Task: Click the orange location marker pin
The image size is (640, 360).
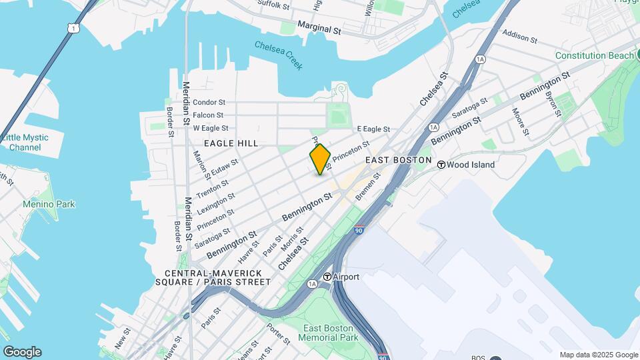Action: point(320,159)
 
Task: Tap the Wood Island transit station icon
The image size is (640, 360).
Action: point(441,164)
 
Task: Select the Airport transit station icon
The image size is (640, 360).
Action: point(327,277)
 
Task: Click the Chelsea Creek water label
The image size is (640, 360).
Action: point(279,55)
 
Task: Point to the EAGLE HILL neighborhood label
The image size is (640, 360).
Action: point(231,143)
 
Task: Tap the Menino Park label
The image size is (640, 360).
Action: point(49,204)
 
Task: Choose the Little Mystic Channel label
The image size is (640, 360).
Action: point(25,142)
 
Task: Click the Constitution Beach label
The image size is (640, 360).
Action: point(595,55)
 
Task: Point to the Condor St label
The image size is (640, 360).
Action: point(209,103)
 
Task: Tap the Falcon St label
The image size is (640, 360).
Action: point(208,115)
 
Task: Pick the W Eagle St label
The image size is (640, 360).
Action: point(211,128)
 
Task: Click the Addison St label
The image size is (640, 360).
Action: point(520,35)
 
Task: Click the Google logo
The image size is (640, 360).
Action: point(22,352)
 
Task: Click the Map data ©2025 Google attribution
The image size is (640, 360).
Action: point(598,355)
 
